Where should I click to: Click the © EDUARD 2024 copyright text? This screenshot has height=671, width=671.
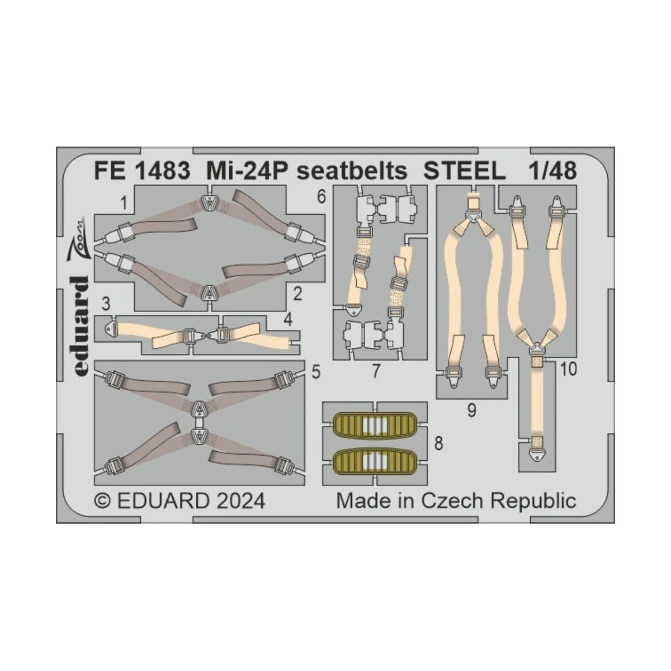[180, 500]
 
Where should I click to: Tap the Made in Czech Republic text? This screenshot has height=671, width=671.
[456, 500]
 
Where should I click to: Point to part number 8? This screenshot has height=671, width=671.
[438, 444]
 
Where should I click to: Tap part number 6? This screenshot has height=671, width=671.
[320, 197]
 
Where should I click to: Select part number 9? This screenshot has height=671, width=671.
[471, 411]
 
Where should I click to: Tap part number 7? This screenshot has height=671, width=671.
[376, 371]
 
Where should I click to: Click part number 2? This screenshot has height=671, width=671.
[297, 294]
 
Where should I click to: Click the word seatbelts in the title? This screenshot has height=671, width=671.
[352, 172]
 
